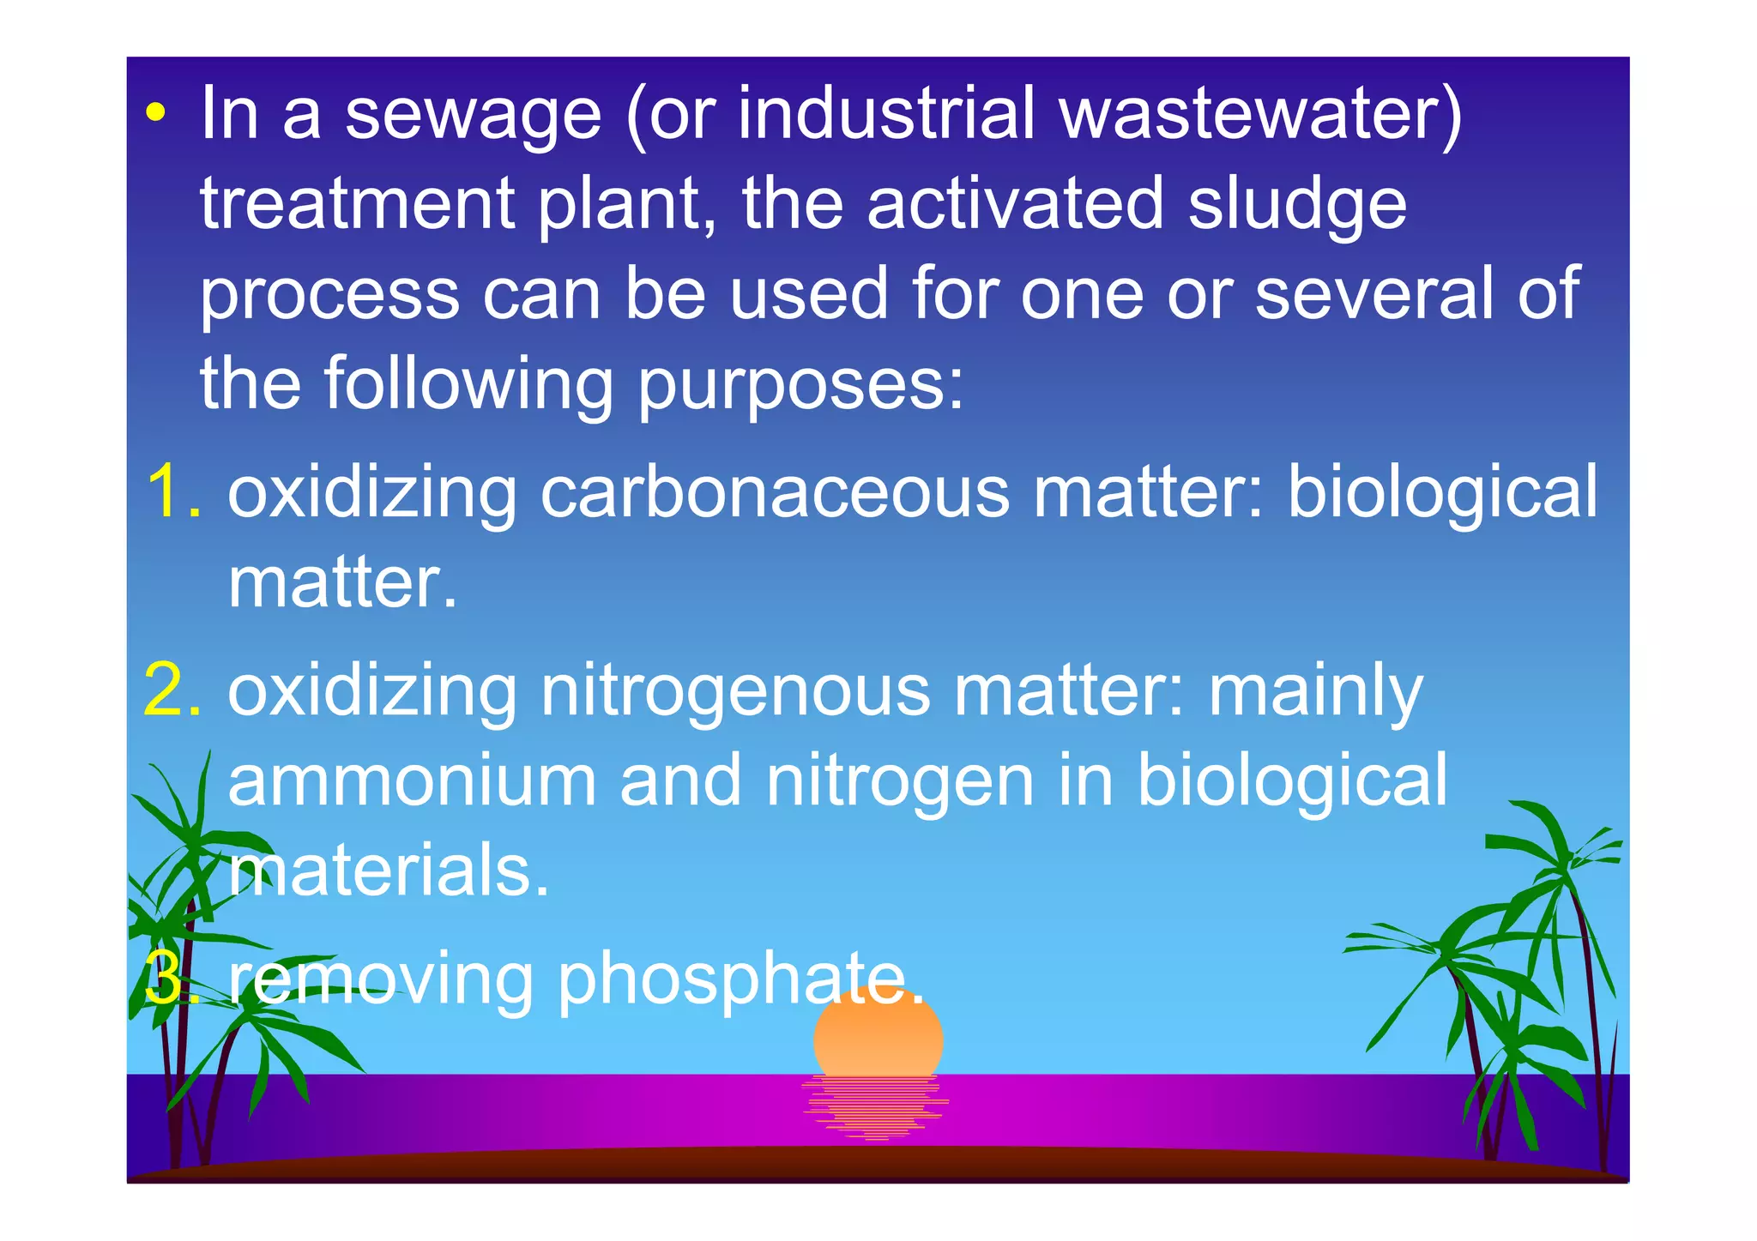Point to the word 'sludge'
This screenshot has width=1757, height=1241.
(x=1296, y=206)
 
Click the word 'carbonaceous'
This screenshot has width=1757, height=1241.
(x=775, y=492)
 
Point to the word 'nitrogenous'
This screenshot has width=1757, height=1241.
(x=734, y=693)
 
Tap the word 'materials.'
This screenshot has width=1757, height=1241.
(x=388, y=871)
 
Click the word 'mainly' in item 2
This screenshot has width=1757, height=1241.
(x=1315, y=693)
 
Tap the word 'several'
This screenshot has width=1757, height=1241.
(x=1373, y=293)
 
